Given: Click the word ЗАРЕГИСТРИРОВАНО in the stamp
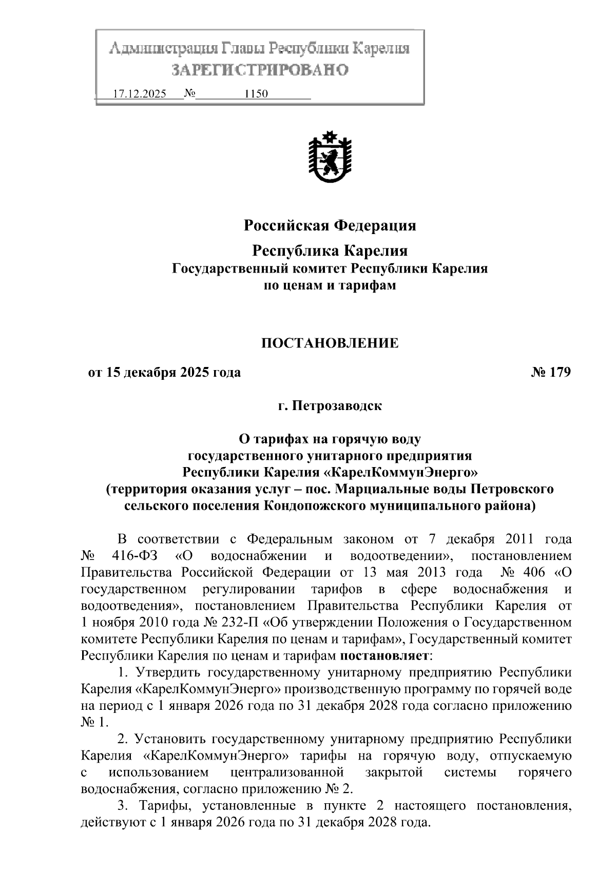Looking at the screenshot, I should click(x=260, y=69).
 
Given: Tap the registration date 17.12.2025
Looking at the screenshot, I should click(x=139, y=94).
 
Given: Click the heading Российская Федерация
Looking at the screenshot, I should click(x=330, y=225).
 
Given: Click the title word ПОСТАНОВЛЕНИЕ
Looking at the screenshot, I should click(x=330, y=343).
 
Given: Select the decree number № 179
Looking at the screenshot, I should click(x=550, y=372).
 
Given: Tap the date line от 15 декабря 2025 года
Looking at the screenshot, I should click(x=164, y=372).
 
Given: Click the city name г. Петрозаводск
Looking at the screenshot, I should click(x=330, y=406).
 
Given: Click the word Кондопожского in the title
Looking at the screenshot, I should click(x=314, y=506).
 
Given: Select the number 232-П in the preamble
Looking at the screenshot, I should click(x=239, y=623).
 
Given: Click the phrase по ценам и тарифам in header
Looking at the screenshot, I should click(x=330, y=285).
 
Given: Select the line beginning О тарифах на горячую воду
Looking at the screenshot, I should click(x=330, y=439).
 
